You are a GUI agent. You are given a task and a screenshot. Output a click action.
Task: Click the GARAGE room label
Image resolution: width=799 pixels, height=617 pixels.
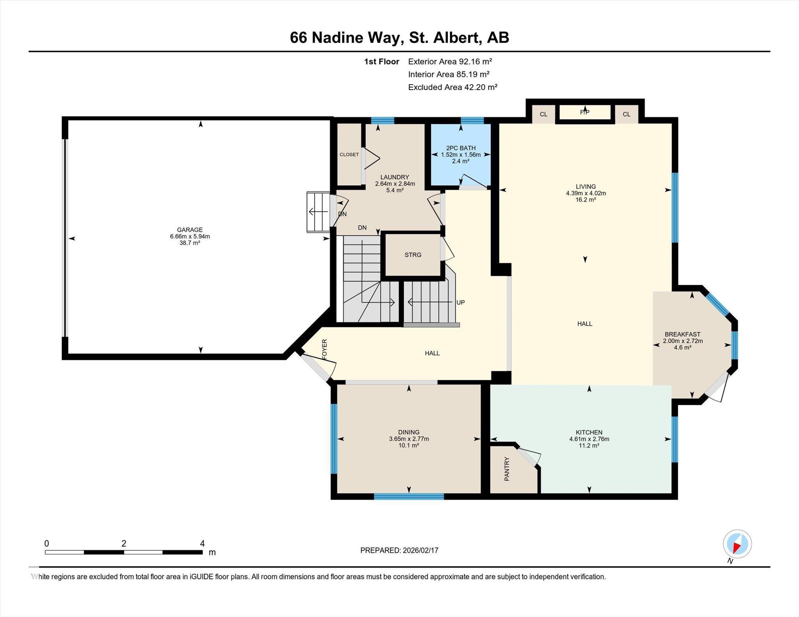coord(190,230)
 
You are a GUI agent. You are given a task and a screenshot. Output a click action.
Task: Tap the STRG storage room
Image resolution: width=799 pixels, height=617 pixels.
coord(413,255)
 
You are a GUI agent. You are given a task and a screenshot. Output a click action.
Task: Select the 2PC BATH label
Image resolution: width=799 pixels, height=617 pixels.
coord(461,148)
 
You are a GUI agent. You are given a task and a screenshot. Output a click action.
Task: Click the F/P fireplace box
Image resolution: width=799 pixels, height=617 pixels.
coord(584,112)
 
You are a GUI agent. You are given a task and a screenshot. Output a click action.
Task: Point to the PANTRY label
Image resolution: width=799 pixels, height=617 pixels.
coord(507,469)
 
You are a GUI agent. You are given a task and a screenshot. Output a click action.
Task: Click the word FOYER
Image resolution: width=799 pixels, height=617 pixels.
coord(325,349)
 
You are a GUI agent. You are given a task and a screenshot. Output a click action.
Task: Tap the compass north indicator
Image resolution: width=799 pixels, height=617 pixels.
coord(737,544)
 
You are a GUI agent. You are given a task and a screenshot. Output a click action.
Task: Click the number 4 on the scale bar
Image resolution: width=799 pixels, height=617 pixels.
coord(202,543)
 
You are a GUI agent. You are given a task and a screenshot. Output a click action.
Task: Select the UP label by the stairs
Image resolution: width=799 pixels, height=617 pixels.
coord(460,302)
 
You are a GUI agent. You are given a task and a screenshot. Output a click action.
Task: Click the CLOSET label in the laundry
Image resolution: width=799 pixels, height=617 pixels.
coord(349,155)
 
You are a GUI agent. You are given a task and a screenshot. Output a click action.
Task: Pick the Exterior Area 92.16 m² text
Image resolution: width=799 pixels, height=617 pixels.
coord(450,61)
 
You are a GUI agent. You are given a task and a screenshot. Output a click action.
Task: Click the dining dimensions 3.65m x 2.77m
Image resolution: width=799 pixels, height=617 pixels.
coord(408,439)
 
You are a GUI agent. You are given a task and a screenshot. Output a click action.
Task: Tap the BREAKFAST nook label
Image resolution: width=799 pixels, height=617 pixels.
coord(682,334)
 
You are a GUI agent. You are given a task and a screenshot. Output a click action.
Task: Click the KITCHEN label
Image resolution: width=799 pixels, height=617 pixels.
coord(589,432)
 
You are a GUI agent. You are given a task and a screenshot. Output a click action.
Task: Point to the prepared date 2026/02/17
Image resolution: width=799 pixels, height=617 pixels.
coord(419,550)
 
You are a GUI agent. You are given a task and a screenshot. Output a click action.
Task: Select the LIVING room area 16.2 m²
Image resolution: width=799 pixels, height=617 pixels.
coord(586,200)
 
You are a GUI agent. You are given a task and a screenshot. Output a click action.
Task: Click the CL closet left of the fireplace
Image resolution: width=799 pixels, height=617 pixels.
coord(543,114)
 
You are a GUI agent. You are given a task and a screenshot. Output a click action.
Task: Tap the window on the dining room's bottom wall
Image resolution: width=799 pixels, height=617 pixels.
coord(408,496)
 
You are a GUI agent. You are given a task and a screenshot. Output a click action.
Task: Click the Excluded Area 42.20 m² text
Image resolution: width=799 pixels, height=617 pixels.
coord(453,87)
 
